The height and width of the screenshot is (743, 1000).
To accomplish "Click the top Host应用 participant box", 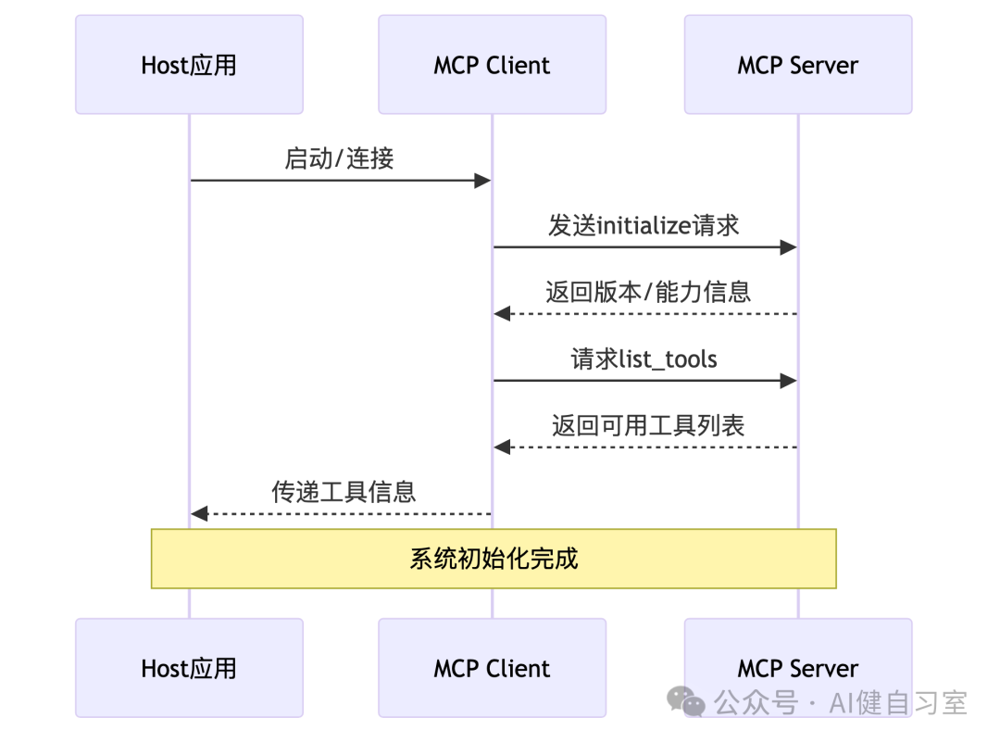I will (x=189, y=65).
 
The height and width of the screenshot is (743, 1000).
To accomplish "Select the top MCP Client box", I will (x=492, y=65).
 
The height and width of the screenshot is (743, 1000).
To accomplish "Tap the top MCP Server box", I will (x=797, y=65).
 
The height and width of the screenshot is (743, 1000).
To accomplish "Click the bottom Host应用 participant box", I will (x=189, y=668).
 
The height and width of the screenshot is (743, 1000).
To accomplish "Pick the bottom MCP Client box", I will (x=492, y=668).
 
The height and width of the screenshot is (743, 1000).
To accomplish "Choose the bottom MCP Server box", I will (x=797, y=668).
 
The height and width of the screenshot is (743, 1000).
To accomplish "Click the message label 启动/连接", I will (x=339, y=158).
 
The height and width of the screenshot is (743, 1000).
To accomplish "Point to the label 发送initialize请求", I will (x=644, y=225).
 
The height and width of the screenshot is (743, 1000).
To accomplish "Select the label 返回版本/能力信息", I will (x=647, y=292).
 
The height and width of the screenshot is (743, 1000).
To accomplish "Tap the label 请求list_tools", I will (x=644, y=359).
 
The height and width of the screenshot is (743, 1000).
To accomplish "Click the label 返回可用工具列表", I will (x=648, y=425).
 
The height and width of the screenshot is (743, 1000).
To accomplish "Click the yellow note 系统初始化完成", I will (x=494, y=559).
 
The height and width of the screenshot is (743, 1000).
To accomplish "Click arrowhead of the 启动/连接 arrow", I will (x=482, y=181).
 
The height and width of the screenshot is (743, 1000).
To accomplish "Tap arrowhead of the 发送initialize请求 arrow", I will (x=788, y=247).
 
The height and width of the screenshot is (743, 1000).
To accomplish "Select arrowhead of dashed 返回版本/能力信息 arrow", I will (x=502, y=314).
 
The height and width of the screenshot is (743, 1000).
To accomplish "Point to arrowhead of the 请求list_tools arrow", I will (x=788, y=381).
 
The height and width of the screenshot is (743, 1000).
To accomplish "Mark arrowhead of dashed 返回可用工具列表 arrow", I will (x=502, y=447).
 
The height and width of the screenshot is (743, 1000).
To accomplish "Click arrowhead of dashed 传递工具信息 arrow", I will (x=199, y=513).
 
